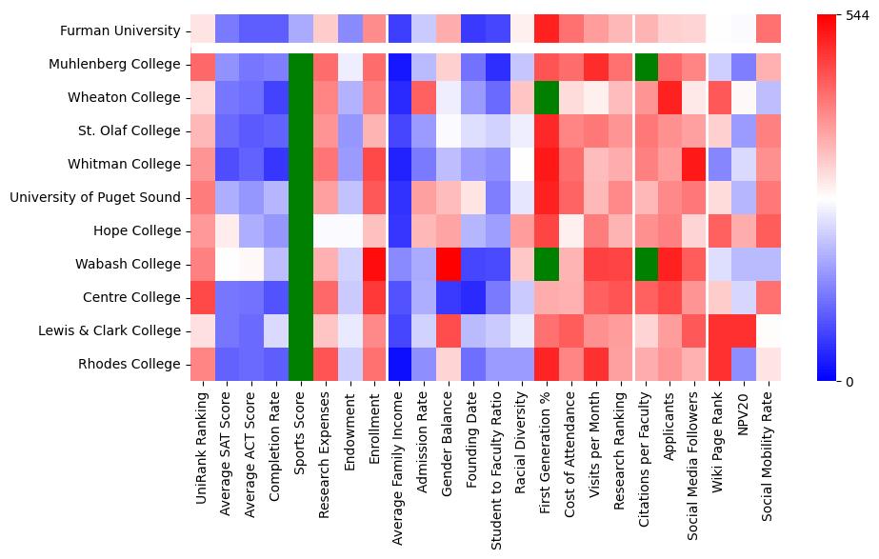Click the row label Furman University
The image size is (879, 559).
point(119,30)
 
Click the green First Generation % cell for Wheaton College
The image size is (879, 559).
point(547,97)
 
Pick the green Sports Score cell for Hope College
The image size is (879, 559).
point(301,230)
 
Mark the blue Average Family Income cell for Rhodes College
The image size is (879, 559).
point(399,364)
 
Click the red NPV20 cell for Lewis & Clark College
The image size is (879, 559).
point(744,330)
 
